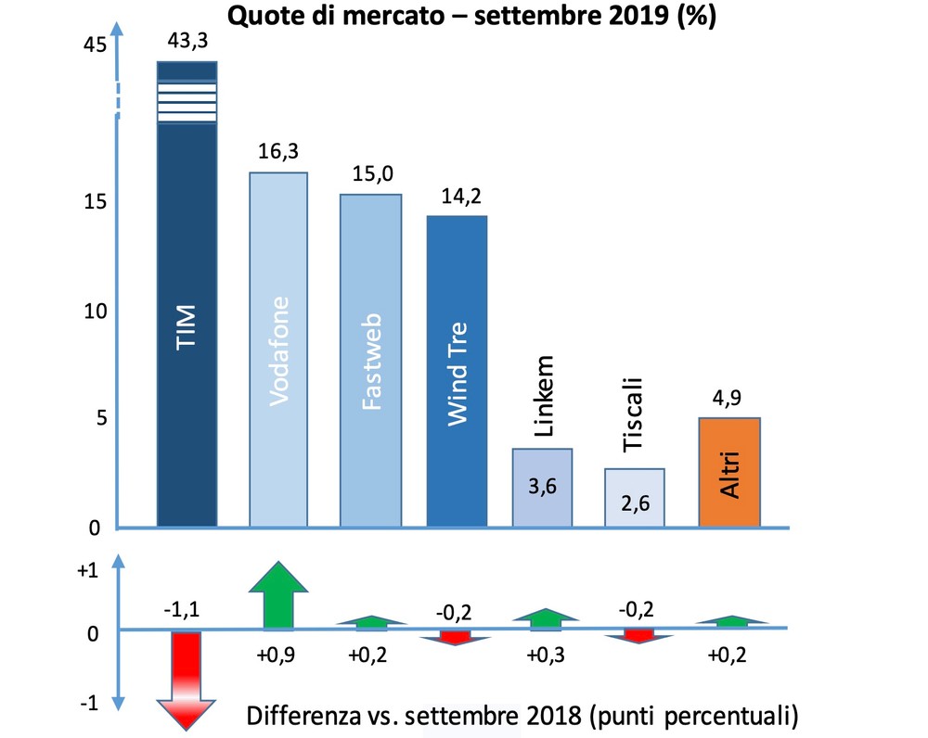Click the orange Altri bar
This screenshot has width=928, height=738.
[x=728, y=473]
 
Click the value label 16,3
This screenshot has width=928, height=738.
[x=277, y=152]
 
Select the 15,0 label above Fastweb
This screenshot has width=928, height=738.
[x=370, y=174]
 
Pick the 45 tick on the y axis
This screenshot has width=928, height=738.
[x=96, y=45]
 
